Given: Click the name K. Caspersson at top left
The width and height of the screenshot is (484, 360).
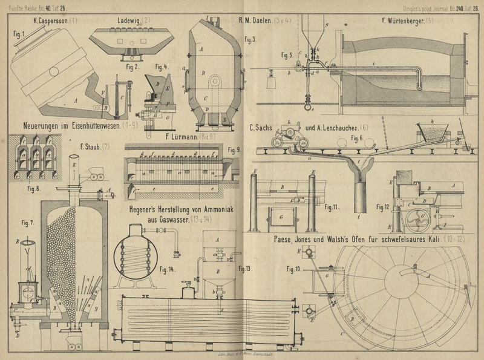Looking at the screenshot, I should [49, 21].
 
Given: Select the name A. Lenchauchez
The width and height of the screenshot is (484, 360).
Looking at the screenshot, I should [330, 128].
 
